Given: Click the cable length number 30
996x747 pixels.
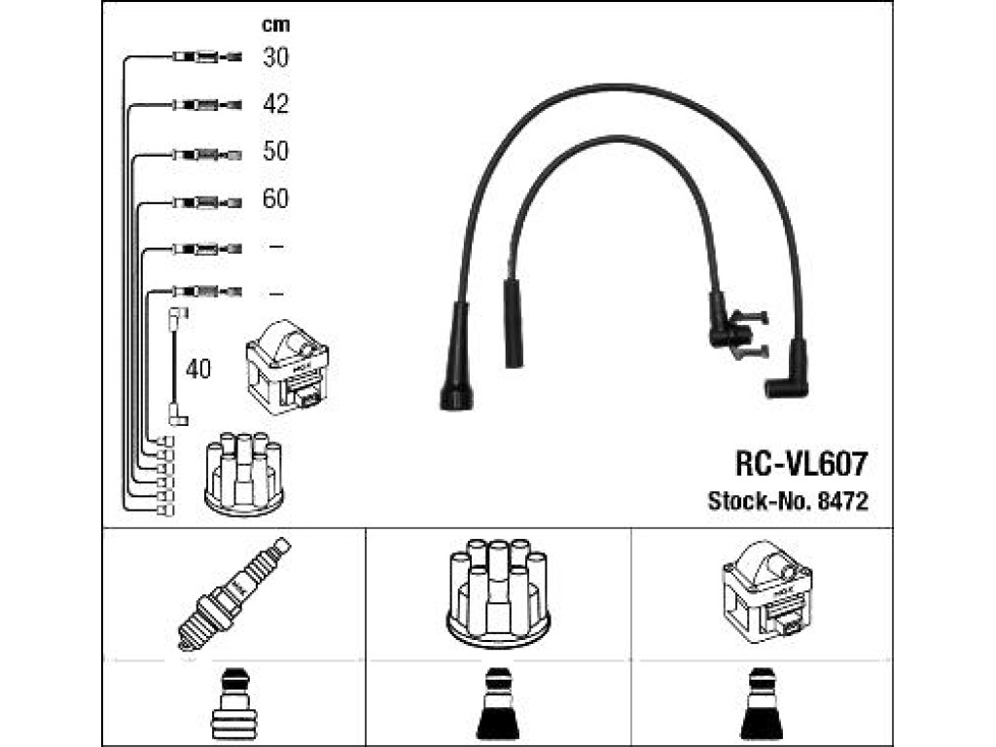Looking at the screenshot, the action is click(275, 57).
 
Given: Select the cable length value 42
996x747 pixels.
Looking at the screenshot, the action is click(275, 104).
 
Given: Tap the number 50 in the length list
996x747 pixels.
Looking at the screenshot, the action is click(275, 151).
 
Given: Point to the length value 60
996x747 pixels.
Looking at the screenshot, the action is click(275, 198).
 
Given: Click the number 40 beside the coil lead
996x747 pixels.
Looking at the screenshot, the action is click(198, 369).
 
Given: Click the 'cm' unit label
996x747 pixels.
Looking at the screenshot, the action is click(275, 24).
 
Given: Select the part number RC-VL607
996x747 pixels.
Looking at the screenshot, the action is click(801, 464).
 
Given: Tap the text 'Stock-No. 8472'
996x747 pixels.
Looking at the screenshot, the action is click(788, 501).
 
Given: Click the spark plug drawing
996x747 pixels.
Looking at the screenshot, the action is click(233, 593).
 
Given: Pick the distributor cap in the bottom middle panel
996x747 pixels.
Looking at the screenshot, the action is click(498, 593).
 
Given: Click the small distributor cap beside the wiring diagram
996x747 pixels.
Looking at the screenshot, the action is click(244, 474).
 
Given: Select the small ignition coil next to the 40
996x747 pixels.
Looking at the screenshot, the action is click(287, 367).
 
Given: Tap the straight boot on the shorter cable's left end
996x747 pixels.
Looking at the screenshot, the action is click(514, 324).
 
